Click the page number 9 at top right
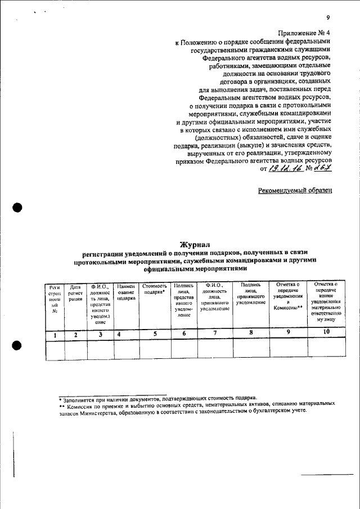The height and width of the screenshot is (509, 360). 327,18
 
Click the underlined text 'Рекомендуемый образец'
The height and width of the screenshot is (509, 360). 295,190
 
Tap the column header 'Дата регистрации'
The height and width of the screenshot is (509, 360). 75,292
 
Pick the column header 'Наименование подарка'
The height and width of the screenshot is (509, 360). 126,292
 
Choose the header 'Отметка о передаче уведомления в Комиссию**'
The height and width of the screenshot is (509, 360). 288,296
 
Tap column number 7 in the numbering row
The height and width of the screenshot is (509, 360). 214,335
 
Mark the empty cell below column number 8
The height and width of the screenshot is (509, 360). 250,349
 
